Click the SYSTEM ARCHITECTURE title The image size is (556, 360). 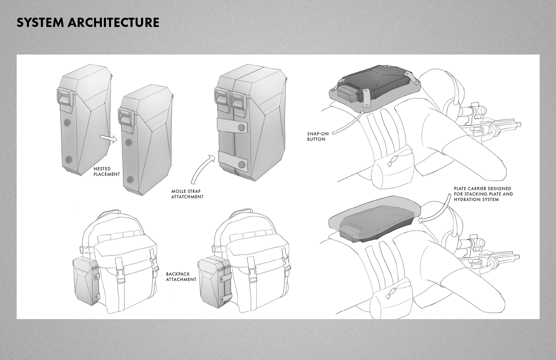pyautogui.click(x=88, y=22)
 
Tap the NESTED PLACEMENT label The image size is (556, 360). pyautogui.click(x=107, y=171)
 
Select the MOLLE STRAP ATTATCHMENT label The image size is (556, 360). pyautogui.click(x=187, y=194)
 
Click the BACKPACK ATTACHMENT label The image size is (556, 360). pyautogui.click(x=181, y=276)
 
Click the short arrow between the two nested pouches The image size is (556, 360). pyautogui.click(x=108, y=138)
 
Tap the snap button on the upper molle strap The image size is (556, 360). pyautogui.click(x=242, y=128)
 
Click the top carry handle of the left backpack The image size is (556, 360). pyautogui.click(x=112, y=215)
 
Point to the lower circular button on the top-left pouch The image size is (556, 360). pyautogui.click(x=69, y=159)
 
